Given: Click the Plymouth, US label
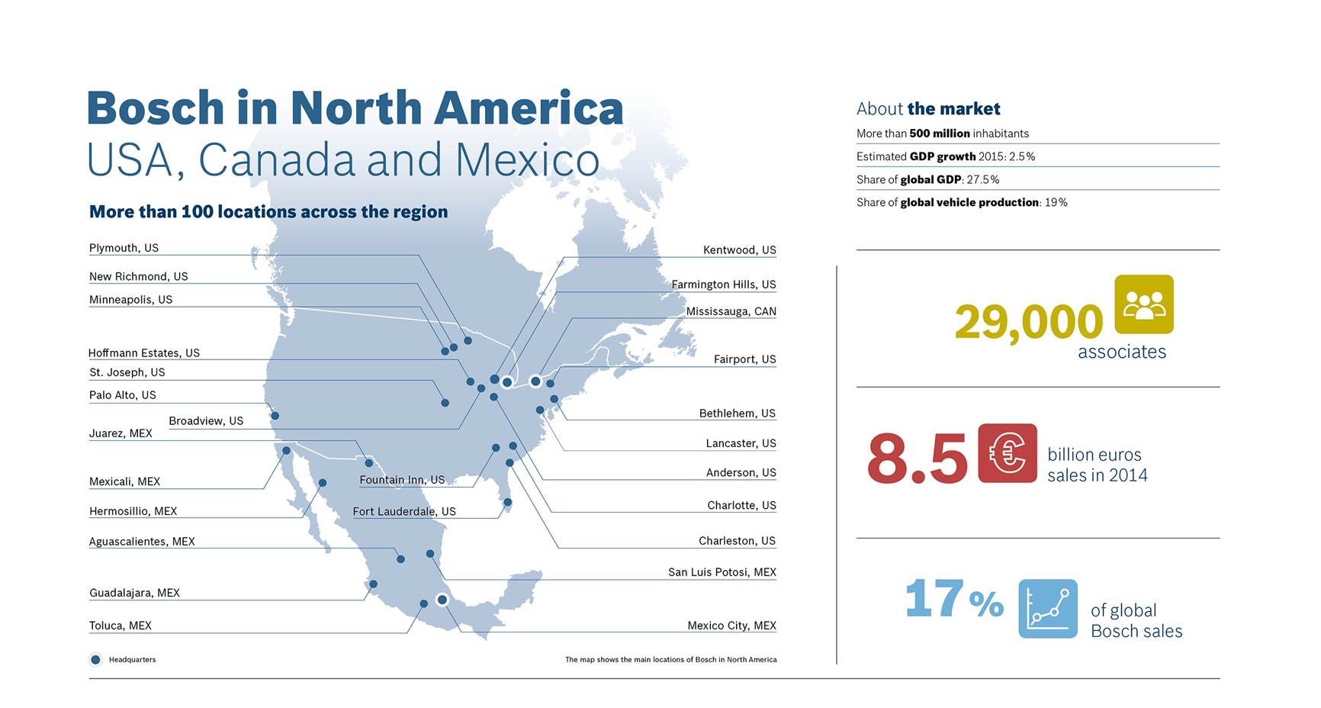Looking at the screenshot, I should click(124, 248).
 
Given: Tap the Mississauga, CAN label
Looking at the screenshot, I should click(731, 311).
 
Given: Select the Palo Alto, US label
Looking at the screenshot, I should click(122, 395).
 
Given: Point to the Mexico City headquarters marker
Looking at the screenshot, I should click(442, 600).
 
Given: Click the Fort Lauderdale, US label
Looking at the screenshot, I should click(404, 511).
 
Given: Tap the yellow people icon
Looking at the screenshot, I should click(1143, 304).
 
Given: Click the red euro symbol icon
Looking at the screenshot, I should click(1007, 453).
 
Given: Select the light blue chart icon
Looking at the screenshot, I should click(1047, 608).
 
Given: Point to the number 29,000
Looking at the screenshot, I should click(1028, 322).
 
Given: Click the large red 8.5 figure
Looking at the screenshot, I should click(917, 459).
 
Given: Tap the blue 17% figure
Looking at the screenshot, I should click(953, 599).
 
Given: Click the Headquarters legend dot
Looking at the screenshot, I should click(95, 659).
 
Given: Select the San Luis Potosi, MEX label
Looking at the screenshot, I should click(722, 572).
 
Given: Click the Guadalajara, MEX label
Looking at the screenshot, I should click(134, 593).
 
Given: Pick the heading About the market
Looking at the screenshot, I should click(927, 108).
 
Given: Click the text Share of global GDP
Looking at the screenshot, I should click(927, 179).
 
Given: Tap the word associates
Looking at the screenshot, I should click(1121, 352).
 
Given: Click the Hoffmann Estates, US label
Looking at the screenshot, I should click(143, 353).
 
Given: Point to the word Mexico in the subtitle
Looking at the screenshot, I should click(527, 160).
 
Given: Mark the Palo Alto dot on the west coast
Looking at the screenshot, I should click(275, 416).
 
